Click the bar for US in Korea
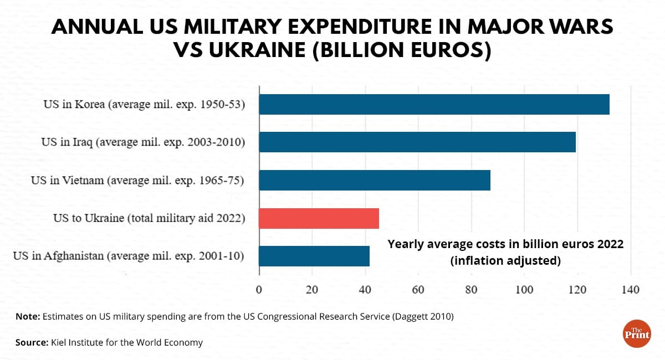pyautogui.click(x=434, y=104)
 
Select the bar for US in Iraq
pyautogui.click(x=417, y=142)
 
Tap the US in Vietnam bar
pyautogui.click(x=375, y=180)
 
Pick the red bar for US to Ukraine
pyautogui.click(x=319, y=218)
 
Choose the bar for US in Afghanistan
pyautogui.click(x=314, y=256)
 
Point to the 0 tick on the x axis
pyautogui.click(x=259, y=289)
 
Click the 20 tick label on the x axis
pyautogui.click(x=312, y=289)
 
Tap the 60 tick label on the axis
pyautogui.click(x=418, y=289)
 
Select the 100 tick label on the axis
pyautogui.click(x=524, y=289)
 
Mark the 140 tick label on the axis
pyautogui.click(x=631, y=289)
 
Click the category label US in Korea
pyautogui.click(x=144, y=104)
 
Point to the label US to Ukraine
pyautogui.click(x=149, y=218)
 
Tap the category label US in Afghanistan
pyautogui.click(x=129, y=256)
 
